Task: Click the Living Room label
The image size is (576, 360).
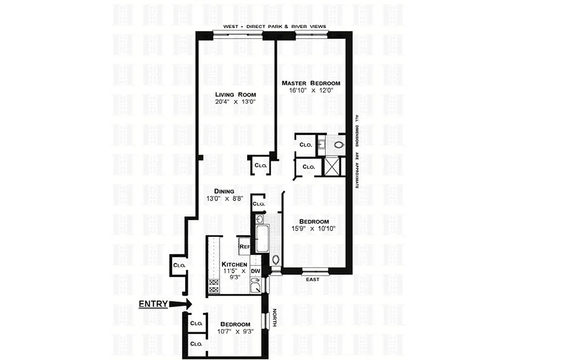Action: click(235, 94)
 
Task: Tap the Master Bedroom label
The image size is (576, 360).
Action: click(310, 83)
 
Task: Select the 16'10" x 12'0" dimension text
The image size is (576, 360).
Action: click(310, 90)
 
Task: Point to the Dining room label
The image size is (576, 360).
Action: click(224, 191)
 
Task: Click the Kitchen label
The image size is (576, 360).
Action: click(234, 264)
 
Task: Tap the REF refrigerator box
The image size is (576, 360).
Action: click(245, 247)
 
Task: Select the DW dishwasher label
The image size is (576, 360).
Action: click(255, 271)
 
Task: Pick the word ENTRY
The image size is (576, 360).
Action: click(153, 304)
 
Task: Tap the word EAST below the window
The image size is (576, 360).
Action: click(313, 279)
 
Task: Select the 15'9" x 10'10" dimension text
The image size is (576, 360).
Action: click(314, 229)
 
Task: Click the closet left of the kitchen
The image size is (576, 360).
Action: click(180, 265)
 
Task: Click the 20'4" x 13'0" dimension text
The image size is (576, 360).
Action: click(235, 102)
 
